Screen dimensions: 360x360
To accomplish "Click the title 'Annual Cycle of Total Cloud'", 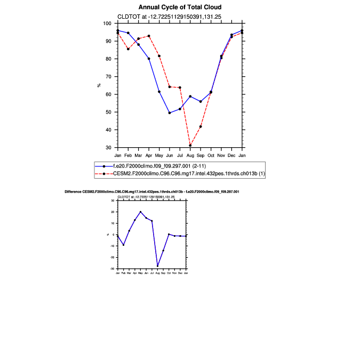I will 180,7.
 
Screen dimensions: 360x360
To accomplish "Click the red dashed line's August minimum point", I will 190,145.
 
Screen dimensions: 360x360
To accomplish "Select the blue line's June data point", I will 170,113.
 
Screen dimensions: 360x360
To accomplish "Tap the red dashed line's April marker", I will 149,36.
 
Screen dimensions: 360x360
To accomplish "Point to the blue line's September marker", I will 201,101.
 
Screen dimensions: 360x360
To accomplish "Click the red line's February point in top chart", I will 128,49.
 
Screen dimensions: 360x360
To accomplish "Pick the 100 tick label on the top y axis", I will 107,23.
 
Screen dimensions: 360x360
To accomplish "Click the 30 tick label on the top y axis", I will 108,148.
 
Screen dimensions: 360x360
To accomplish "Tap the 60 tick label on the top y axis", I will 108,94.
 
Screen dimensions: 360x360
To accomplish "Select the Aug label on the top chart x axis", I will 190,155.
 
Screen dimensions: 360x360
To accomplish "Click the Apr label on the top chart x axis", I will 149,155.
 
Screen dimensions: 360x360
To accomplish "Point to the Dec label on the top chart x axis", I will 231,155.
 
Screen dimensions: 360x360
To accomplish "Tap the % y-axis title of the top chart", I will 99,85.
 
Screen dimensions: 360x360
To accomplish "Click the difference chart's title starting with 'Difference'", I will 152,191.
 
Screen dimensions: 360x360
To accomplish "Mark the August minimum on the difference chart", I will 157,266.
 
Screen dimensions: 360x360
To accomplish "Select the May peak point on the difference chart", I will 140,212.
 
